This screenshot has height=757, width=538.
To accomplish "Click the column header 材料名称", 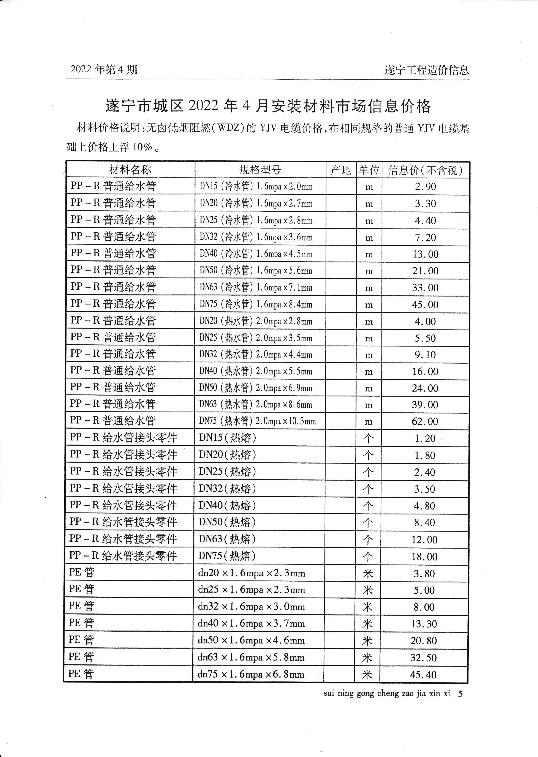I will coord(130,170).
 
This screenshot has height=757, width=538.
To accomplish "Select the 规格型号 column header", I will coord(260,170).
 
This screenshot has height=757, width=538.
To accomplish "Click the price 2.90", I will coord(426,187).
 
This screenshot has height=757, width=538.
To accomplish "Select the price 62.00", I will coord(425,421).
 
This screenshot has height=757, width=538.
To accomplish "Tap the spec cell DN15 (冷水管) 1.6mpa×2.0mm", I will coord(256,187).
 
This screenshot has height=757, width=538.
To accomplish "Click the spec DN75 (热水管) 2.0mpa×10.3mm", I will coord(257,421).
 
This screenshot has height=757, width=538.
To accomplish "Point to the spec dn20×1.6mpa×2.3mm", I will coord(252,573).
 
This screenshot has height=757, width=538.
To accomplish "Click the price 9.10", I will coord(425,355).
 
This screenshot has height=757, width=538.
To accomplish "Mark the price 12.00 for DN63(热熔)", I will coord(424,540).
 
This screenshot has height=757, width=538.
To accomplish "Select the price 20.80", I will coord(424,641).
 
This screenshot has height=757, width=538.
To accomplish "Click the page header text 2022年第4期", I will coord(104,69).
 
